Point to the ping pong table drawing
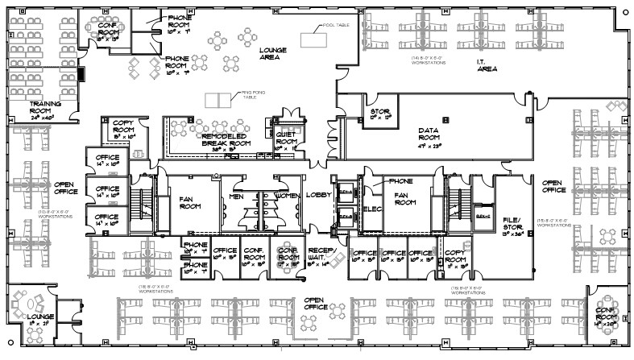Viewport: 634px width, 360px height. point(216,100)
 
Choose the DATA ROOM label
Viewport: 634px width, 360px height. point(433,134)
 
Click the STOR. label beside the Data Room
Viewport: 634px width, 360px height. point(380,113)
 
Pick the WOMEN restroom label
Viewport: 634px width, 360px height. point(288,195)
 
